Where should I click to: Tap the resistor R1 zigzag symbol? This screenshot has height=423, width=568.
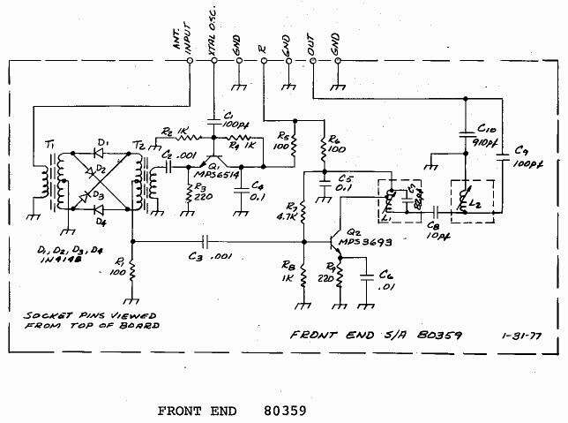click(131, 275)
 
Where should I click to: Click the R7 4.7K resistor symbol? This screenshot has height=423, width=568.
click(303, 213)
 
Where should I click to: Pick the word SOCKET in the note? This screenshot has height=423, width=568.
click(51, 314)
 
